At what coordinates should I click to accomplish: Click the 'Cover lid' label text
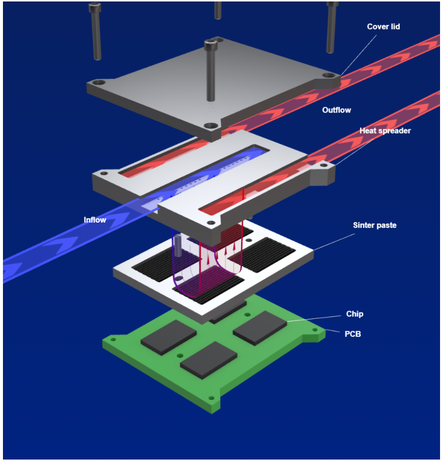click(384, 27)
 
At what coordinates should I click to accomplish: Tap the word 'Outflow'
click(336, 110)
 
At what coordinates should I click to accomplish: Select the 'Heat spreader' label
click(385, 131)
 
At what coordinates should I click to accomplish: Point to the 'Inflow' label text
click(95, 220)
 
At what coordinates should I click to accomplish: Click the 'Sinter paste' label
click(375, 225)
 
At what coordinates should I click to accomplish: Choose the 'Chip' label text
click(355, 314)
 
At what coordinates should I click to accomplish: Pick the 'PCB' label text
click(353, 334)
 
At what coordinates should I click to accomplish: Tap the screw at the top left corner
click(96, 29)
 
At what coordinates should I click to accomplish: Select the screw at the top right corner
click(332, 27)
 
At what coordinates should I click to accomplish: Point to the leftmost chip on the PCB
click(168, 336)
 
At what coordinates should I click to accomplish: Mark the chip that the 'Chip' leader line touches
click(260, 326)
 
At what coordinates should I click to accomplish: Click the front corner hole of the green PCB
click(212, 398)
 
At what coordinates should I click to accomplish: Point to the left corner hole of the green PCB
click(113, 339)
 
